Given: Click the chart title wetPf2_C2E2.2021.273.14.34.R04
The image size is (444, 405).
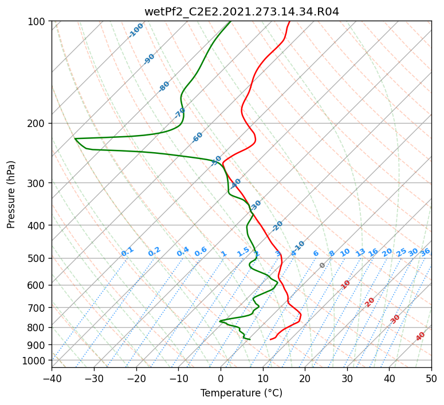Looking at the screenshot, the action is pyautogui.click(x=242, y=12).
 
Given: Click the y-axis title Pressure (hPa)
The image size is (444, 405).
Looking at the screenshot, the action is pyautogui.click(x=10, y=194).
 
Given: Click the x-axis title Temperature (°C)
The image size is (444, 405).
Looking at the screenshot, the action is pyautogui.click(x=242, y=393).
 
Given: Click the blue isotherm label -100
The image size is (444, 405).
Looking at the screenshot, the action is pyautogui.click(x=136, y=30).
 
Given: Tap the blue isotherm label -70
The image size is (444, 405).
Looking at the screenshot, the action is pyautogui.click(x=179, y=113).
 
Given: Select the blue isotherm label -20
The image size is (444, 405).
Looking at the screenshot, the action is pyautogui.click(x=277, y=226).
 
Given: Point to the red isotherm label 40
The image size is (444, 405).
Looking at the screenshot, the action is pyautogui.click(x=420, y=336).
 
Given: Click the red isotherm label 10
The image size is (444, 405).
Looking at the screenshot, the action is pyautogui.click(x=345, y=284).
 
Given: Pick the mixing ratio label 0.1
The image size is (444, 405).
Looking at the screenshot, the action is pyautogui.click(x=127, y=252).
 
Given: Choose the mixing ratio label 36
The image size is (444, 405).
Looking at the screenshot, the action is pyautogui.click(x=425, y=252).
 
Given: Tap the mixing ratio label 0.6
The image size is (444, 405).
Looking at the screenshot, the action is pyautogui.click(x=201, y=252).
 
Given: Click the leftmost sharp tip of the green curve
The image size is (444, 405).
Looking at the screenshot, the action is pyautogui.click(x=74, y=138).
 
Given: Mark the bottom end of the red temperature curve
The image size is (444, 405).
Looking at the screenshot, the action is pyautogui.click(x=270, y=339).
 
